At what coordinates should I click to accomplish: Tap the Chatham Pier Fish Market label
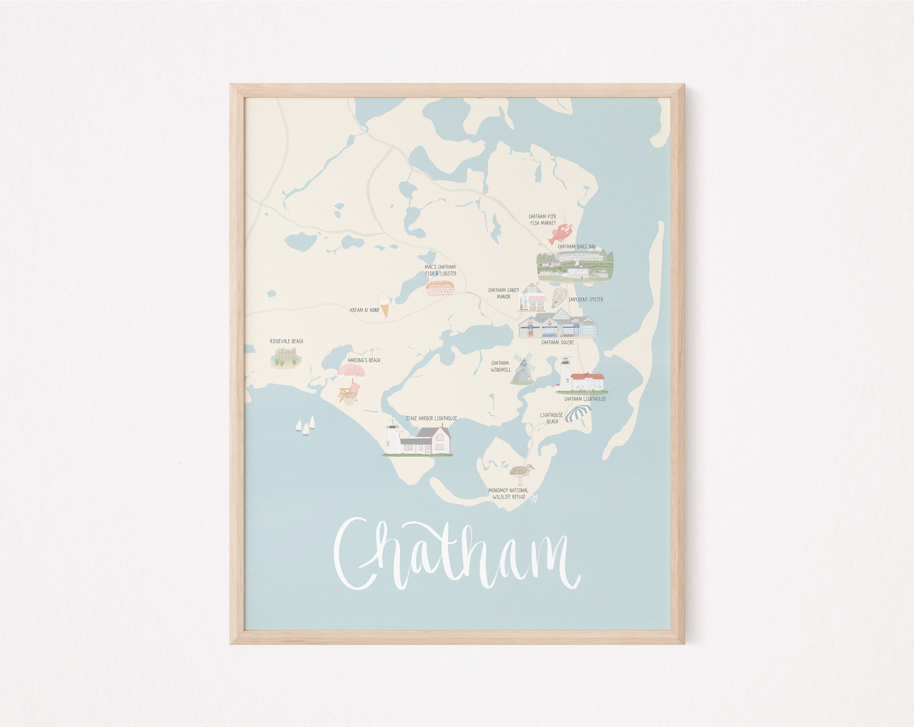543,220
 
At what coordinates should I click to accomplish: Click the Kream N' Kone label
365,310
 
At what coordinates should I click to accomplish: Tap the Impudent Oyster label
586,300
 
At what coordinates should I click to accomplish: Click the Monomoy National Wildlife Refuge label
508,493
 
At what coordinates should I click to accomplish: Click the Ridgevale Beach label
287,341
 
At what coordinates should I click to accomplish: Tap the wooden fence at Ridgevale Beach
286,357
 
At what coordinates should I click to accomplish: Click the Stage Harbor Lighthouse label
431,418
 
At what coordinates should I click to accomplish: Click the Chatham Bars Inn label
576,247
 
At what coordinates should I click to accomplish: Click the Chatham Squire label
558,342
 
